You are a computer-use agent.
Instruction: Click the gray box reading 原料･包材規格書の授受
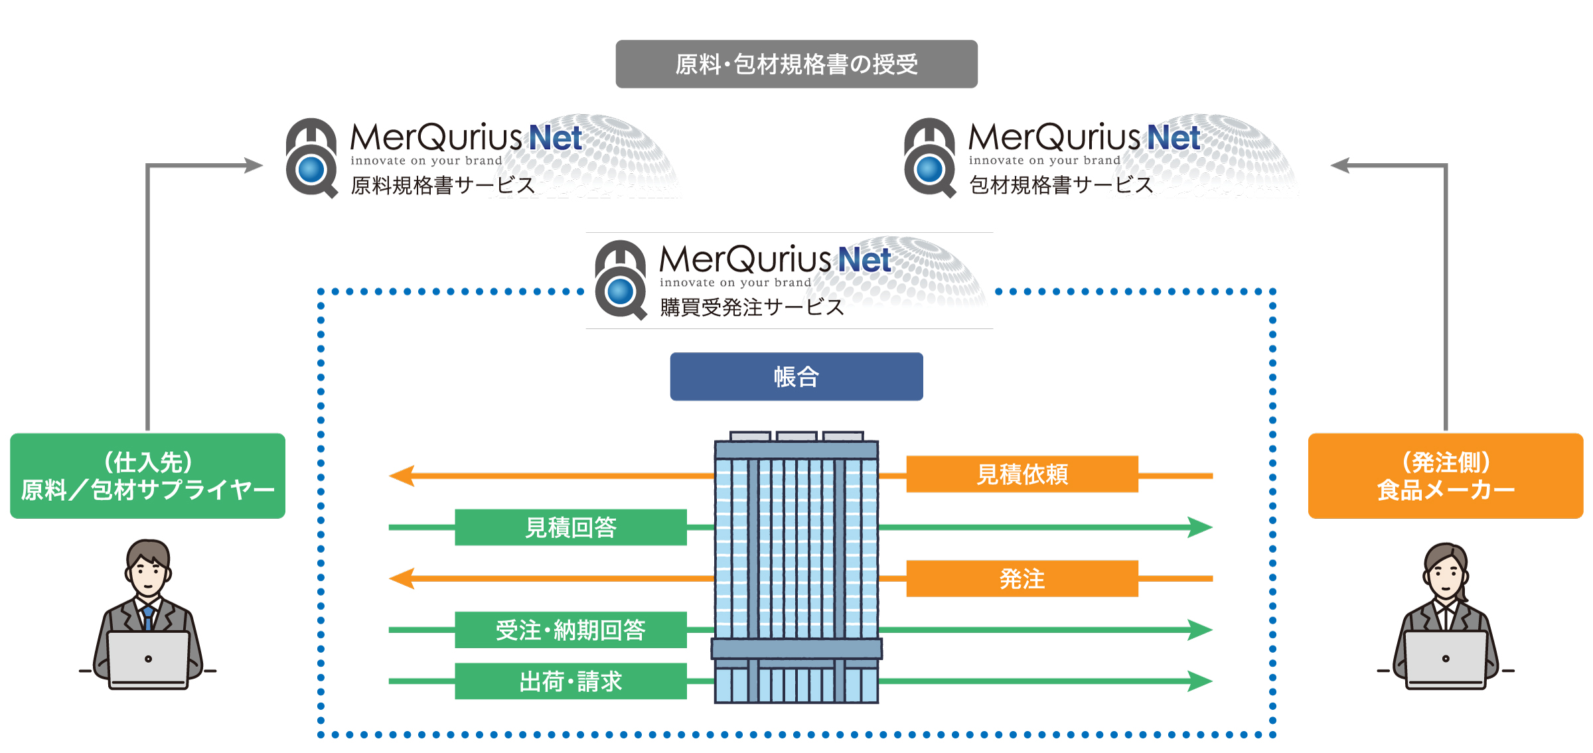point(796,64)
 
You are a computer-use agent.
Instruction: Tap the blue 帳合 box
point(796,377)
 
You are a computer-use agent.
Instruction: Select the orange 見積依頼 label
point(1022,474)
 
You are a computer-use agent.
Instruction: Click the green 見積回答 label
point(570,527)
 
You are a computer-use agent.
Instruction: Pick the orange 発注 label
point(1022,579)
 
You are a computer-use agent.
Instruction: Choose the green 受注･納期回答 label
point(570,630)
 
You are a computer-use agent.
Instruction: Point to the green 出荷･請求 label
point(570,681)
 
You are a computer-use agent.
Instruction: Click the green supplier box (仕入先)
point(147,476)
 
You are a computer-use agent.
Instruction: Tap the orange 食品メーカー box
point(1445,476)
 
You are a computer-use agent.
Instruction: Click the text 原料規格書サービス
point(443,185)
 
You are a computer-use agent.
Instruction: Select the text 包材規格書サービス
point(1061,185)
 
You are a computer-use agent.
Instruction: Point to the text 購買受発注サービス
point(751,307)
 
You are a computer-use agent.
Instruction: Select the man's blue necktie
point(148,617)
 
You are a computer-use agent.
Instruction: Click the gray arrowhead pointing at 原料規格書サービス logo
point(254,165)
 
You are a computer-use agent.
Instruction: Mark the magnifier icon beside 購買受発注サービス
point(621,281)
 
